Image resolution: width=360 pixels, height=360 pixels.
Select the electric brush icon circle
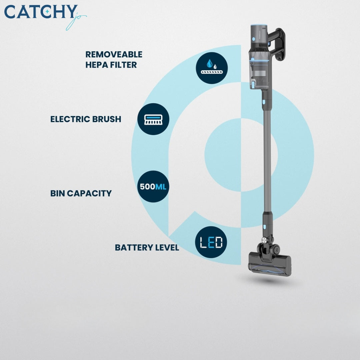[153, 119]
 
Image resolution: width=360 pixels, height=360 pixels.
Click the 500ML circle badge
[153, 187]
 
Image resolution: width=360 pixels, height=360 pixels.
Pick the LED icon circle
[211, 242]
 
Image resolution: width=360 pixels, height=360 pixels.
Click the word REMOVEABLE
[114, 54]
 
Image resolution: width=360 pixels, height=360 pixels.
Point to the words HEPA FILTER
[111, 65]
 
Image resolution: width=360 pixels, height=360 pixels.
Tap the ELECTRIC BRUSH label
[86, 119]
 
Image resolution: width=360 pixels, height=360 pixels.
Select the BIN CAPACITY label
[81, 193]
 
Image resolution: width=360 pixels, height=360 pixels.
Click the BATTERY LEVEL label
[147, 248]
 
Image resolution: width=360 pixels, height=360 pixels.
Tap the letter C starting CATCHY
[11, 12]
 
